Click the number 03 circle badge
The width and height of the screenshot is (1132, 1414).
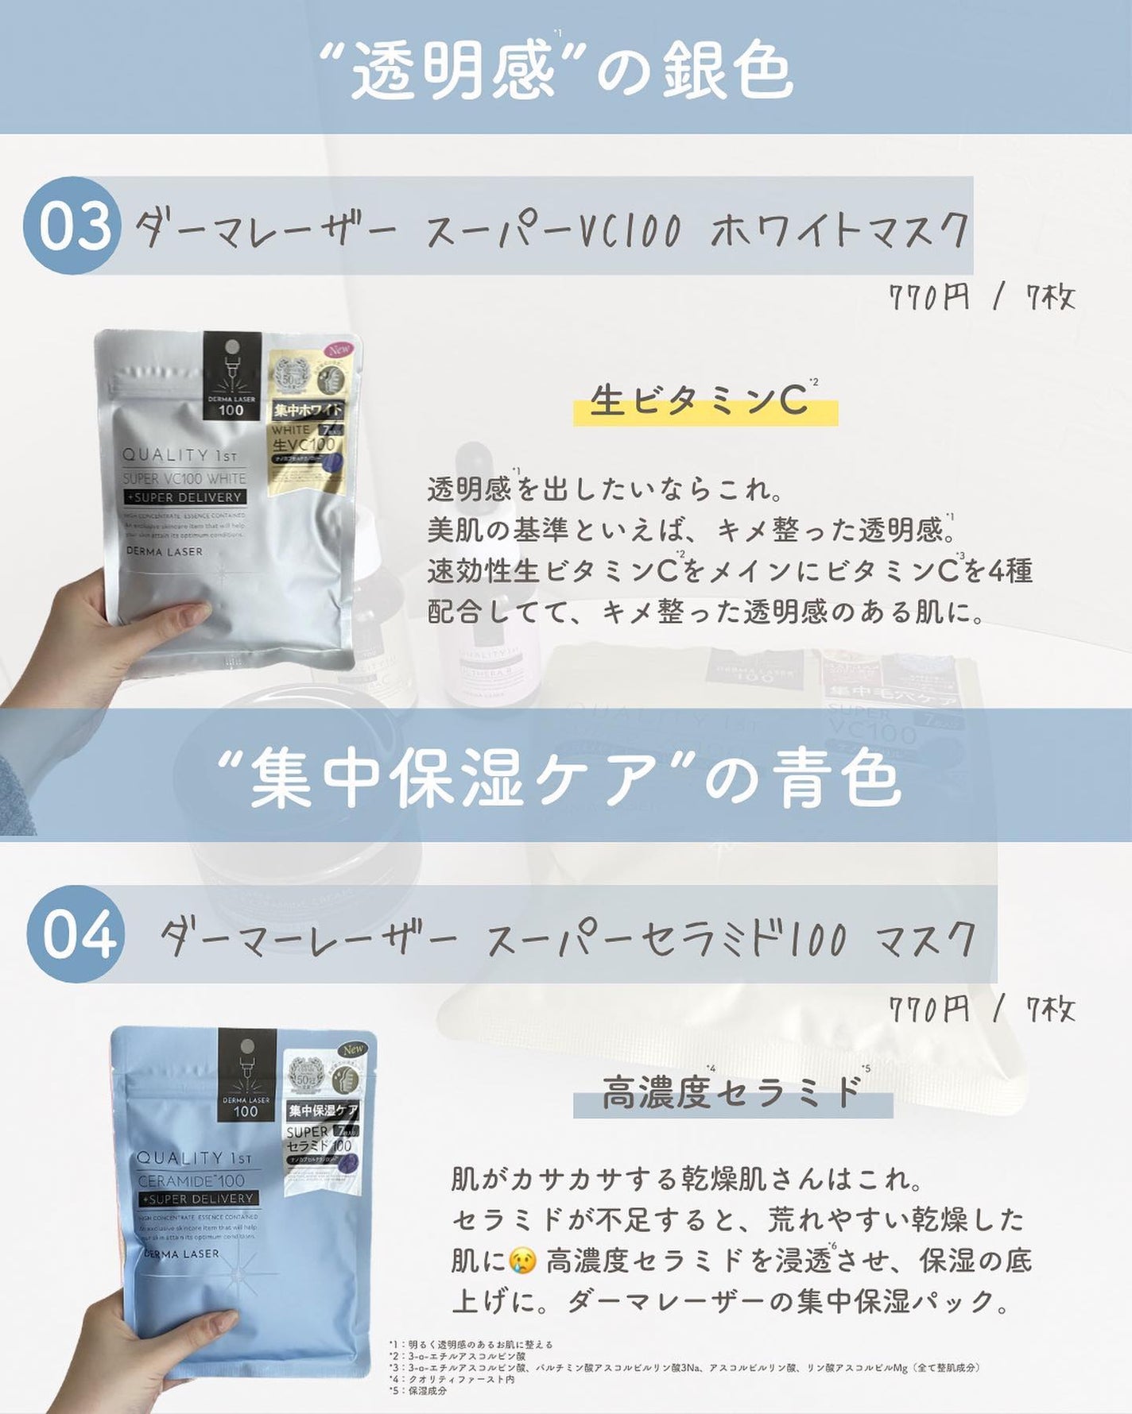[x=72, y=226]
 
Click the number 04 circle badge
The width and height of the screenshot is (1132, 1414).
[x=76, y=934]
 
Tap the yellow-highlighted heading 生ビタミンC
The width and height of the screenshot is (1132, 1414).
[x=700, y=401]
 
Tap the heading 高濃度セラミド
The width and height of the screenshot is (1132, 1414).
[x=731, y=1092]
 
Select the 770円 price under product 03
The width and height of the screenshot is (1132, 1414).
[x=928, y=299]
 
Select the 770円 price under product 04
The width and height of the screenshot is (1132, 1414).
[x=928, y=1010]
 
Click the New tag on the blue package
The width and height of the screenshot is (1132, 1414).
[x=353, y=1049]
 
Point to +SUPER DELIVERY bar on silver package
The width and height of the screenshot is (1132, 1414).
[x=184, y=497]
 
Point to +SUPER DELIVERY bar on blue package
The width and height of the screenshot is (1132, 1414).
[x=197, y=1198]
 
